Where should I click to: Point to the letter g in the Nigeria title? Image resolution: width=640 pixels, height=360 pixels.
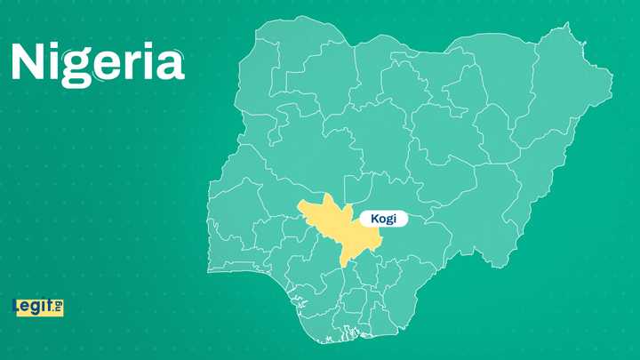[78, 68]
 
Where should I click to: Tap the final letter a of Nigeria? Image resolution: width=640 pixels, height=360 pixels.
[170, 65]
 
